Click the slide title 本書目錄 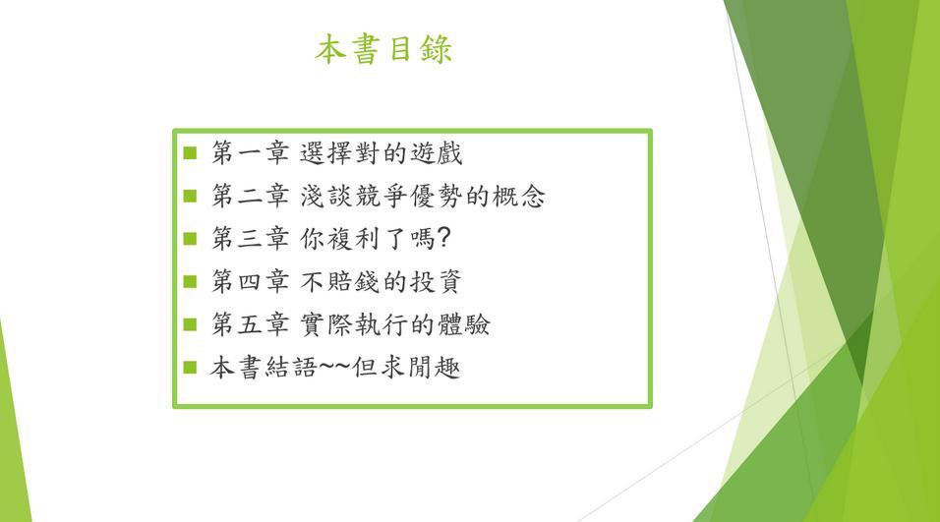pyautogui.click(x=383, y=49)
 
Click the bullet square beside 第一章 pyautogui.click(x=190, y=152)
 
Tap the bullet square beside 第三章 pyautogui.click(x=190, y=239)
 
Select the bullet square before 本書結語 pyautogui.click(x=190, y=367)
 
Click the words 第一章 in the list pyautogui.click(x=250, y=152)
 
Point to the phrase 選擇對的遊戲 pyautogui.click(x=381, y=152)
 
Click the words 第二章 pyautogui.click(x=250, y=196)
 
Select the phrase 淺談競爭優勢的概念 pyautogui.click(x=423, y=196)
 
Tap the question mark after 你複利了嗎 pyautogui.click(x=443, y=238)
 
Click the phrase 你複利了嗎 pyautogui.click(x=367, y=239)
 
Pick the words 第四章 pyautogui.click(x=250, y=282)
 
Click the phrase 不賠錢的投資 pyautogui.click(x=381, y=282)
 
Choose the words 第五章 pyautogui.click(x=250, y=324)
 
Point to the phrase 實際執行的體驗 pyautogui.click(x=394, y=324)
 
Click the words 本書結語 pyautogui.click(x=263, y=368)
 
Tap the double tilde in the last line pyautogui.click(x=334, y=365)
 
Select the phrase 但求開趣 pyautogui.click(x=406, y=368)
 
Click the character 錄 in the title pyautogui.click(x=436, y=49)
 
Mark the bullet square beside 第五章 pyautogui.click(x=190, y=324)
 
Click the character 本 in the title pyautogui.click(x=330, y=49)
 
